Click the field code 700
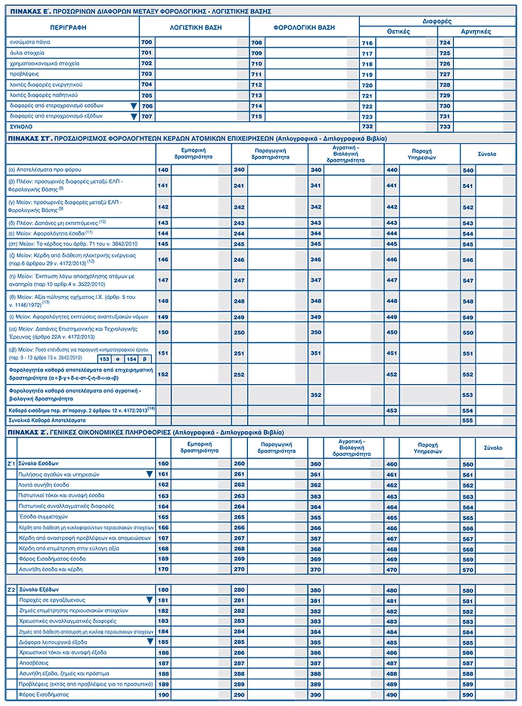coord(147,42)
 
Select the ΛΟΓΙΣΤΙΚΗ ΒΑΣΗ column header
coord(196,28)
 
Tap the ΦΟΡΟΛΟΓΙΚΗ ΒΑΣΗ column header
coord(304,28)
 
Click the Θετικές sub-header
coord(398,32)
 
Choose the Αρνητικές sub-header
coord(476,32)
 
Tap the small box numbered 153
coord(104,359)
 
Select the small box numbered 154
coord(131,359)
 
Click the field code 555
coord(468,420)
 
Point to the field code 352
coord(316,395)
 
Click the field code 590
coord(468,695)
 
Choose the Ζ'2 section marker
coord(11,590)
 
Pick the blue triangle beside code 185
coord(149,642)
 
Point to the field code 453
coord(391,410)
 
